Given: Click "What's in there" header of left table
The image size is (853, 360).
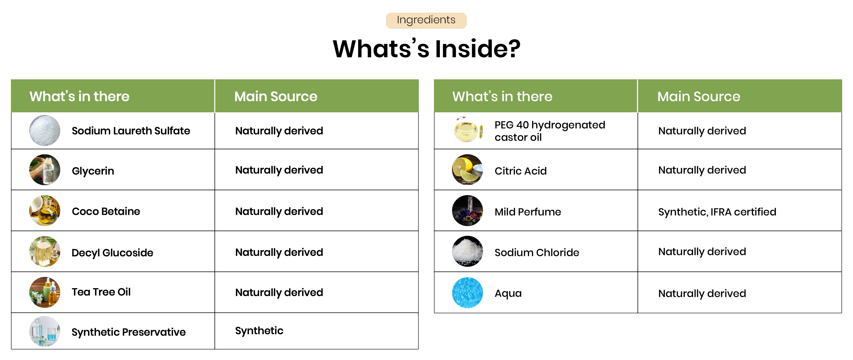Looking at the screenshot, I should click(x=79, y=96).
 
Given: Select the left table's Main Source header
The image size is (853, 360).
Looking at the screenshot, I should click(x=275, y=96).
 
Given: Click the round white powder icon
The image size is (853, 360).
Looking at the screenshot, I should click(x=45, y=130).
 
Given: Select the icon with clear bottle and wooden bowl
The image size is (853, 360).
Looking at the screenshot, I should click(x=45, y=170).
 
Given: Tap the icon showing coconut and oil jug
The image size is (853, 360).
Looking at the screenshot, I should click(x=45, y=211).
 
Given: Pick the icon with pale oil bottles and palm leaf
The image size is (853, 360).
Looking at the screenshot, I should click(x=45, y=251).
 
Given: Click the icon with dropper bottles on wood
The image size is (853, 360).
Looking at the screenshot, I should click(x=45, y=292).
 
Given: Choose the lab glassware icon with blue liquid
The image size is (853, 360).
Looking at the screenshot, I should click(x=45, y=331).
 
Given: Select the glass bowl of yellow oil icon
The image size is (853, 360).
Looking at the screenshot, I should click(x=467, y=130).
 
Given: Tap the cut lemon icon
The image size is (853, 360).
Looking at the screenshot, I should click(x=467, y=170).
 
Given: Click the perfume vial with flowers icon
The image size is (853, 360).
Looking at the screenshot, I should click(x=467, y=211).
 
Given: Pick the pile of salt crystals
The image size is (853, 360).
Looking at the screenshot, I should click(x=467, y=251).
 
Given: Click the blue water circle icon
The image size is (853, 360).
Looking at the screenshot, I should click(x=467, y=292).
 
